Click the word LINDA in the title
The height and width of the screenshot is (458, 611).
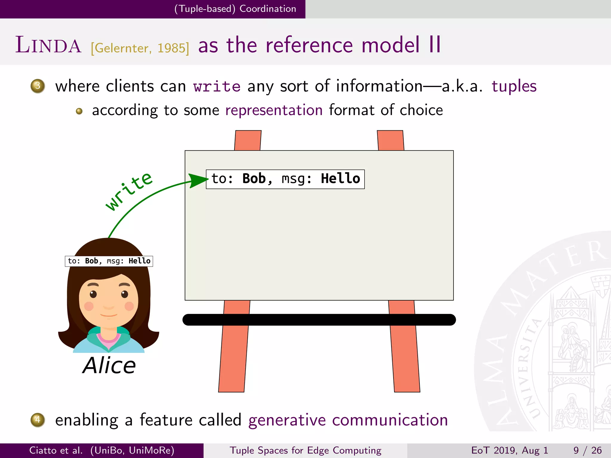48,45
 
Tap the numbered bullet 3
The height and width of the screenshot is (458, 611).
38,86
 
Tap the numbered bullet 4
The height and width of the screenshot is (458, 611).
38,420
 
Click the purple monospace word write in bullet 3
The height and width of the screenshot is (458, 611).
217,87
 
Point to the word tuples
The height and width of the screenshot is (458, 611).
514,87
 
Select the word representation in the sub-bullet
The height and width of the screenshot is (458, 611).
274,110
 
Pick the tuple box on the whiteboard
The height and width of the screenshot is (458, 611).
285,179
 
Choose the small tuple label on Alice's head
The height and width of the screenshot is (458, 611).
109,261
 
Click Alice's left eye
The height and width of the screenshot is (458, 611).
93,294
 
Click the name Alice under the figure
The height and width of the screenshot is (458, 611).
109,366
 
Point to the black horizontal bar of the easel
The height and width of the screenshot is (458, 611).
319,320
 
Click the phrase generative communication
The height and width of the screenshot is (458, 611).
348,420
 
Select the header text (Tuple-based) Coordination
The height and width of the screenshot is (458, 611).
235,9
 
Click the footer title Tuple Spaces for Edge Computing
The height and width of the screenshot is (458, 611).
305,450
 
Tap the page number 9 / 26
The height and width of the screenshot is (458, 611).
587,450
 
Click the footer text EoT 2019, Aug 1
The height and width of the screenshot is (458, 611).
510,450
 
